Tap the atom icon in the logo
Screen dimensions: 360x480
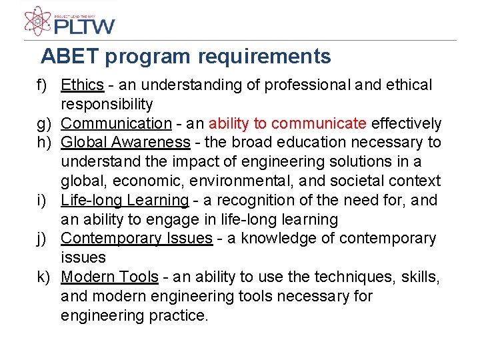pos(37,21)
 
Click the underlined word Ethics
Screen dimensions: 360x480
pos(82,85)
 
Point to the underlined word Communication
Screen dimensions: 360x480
pos(116,124)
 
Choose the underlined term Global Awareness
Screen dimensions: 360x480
pos(125,143)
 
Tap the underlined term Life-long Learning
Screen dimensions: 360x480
pos(125,200)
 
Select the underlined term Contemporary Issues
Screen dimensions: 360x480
pos(136,239)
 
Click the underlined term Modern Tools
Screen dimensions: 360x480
pos(109,277)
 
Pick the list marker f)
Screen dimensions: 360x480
pos(43,86)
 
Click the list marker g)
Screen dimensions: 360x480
pos(44,124)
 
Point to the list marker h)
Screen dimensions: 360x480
pos(44,143)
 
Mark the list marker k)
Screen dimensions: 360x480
pos(44,277)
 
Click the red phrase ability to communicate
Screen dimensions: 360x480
pos(287,124)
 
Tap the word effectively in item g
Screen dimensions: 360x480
pos(406,124)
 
